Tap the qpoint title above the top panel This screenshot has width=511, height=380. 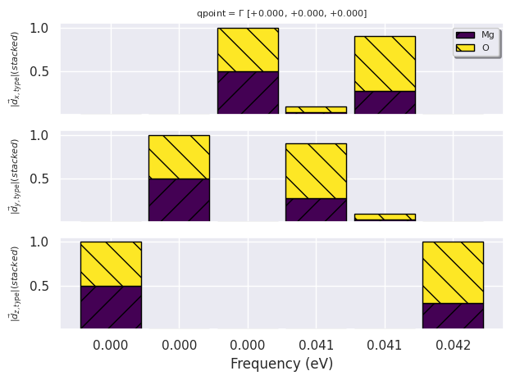[281, 13]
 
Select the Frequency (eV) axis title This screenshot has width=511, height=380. [281, 364]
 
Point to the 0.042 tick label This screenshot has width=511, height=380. [453, 346]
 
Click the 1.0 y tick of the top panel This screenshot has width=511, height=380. [39, 29]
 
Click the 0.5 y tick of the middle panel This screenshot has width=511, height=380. [39, 179]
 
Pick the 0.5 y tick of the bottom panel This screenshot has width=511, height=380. [39, 287]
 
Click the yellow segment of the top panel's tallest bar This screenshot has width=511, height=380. [248, 49]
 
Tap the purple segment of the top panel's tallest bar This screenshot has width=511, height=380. [248, 92]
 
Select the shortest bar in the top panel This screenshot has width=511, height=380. [316, 109]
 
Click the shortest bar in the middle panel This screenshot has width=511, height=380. [385, 217]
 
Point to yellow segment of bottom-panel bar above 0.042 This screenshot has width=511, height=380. [453, 272]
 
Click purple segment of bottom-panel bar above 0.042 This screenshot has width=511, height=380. [453, 315]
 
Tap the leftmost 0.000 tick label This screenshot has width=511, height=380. [111, 346]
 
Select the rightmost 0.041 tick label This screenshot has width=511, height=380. [385, 346]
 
